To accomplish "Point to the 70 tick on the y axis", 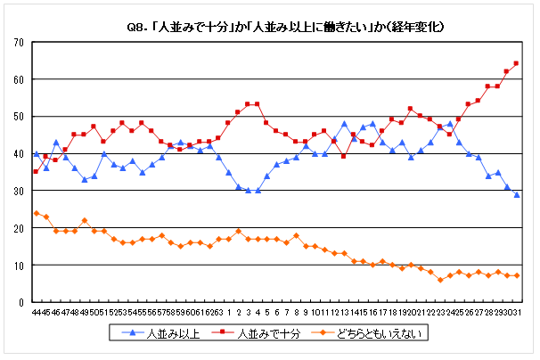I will tap(18, 42).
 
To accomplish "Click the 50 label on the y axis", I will tap(18, 117).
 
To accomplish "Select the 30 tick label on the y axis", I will tap(18, 191).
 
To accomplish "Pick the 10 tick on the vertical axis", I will tap(18, 265).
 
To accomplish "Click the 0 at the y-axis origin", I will tap(20, 302).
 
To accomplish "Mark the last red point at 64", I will tap(516, 63).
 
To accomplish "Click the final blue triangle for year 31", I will tap(516, 194).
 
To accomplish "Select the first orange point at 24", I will tap(36, 213).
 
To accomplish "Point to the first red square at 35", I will tap(36, 172).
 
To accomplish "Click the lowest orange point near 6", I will tap(440, 280).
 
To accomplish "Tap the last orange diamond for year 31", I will tap(516, 276).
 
